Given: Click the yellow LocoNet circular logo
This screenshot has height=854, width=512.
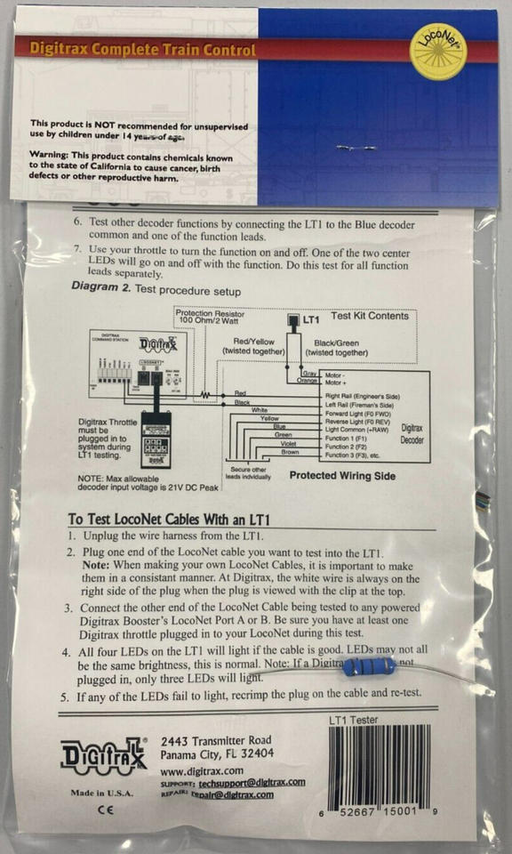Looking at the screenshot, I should click(x=438, y=52).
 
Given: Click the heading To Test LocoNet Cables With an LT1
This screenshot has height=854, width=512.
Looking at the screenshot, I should click(x=169, y=520).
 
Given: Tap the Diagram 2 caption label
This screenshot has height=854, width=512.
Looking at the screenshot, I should click(x=155, y=290).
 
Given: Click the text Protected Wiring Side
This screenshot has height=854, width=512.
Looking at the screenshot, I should click(x=341, y=476).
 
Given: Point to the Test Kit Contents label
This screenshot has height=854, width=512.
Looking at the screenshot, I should click(x=370, y=316).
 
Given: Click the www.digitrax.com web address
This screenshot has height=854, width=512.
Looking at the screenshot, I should click(x=202, y=769).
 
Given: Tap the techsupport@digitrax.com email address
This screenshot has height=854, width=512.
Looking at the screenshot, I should click(x=252, y=783).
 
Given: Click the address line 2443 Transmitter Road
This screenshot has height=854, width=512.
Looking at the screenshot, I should click(x=216, y=740).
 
